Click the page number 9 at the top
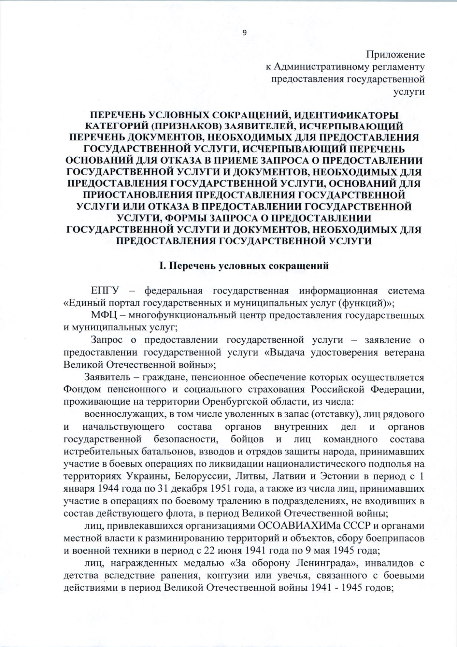244,33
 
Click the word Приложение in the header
396,55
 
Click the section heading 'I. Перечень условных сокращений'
244,266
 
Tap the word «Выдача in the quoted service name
284,352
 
